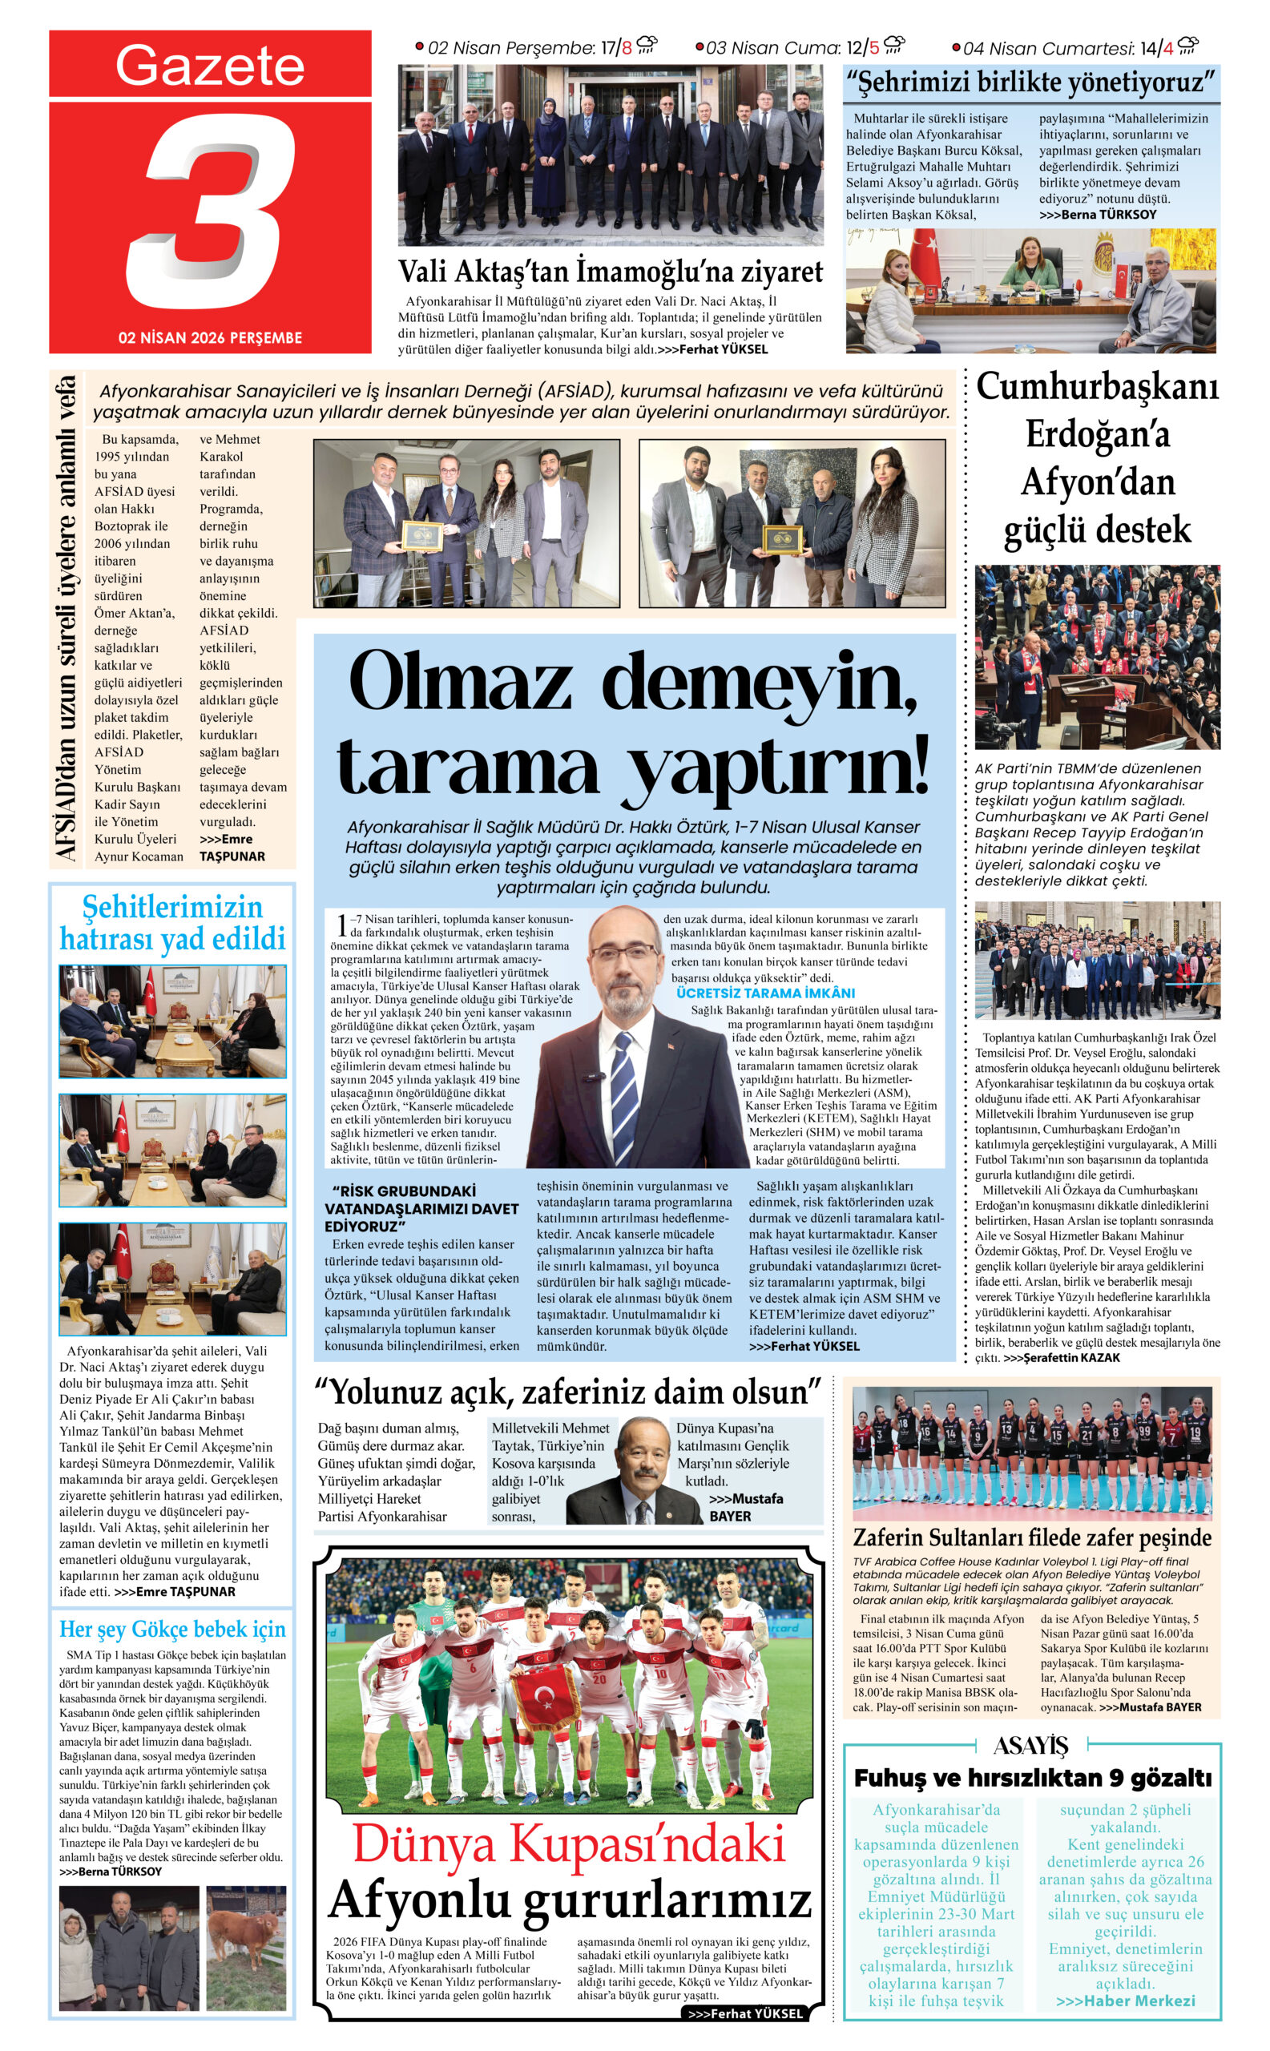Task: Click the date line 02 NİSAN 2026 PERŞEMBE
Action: [x=210, y=337]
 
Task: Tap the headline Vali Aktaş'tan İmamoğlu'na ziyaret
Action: [x=610, y=272]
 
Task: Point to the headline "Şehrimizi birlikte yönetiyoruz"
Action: [x=1030, y=83]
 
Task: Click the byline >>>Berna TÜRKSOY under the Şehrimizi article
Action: [x=1097, y=215]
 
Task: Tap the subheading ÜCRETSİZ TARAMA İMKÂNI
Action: [x=765, y=993]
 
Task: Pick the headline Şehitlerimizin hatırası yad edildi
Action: [x=172, y=922]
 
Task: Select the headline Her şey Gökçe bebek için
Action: [x=172, y=1630]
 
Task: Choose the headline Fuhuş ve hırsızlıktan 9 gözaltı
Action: [x=1032, y=1777]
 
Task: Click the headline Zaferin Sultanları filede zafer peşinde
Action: [x=1031, y=1537]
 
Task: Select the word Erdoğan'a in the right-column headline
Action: [x=1097, y=435]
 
